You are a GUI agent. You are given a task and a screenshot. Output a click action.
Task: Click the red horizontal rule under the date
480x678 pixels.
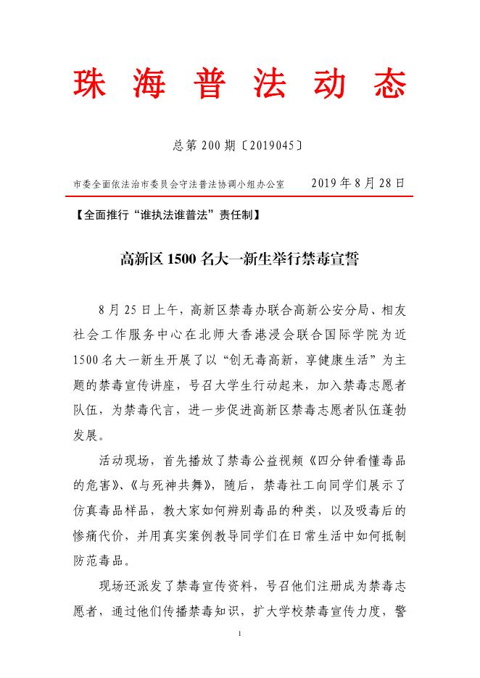click(240, 196)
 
